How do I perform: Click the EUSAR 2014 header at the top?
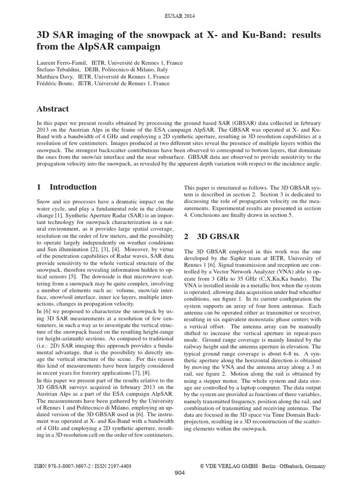[x=180, y=16]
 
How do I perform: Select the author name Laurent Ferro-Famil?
[x=60, y=63]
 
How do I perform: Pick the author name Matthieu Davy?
[x=53, y=77]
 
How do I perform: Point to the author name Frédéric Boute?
[x=54, y=84]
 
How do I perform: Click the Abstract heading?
[x=52, y=109]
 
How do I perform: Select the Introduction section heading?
[x=73, y=187]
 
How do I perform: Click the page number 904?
[x=180, y=473]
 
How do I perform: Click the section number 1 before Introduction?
[x=39, y=187]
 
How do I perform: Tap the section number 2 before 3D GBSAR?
[x=186, y=237]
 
